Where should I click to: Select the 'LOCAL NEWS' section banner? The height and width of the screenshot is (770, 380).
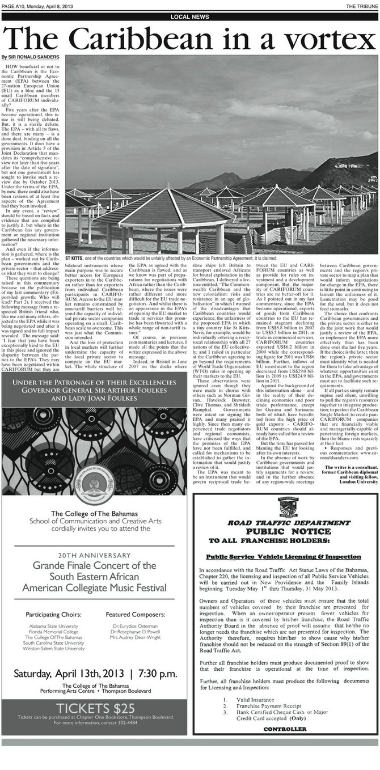(x=189, y=17)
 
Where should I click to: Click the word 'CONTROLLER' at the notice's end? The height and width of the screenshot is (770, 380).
(x=285, y=729)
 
